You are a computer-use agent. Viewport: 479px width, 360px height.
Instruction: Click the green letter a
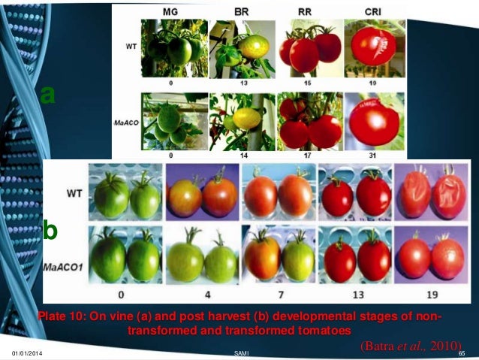coord(48,95)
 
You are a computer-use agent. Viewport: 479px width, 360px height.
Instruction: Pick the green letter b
coord(50,231)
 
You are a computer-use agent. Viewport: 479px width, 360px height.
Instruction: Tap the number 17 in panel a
coord(306,154)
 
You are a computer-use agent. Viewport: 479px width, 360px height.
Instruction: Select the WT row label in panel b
coord(74,193)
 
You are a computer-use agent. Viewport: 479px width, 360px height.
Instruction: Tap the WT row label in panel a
coord(129,45)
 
